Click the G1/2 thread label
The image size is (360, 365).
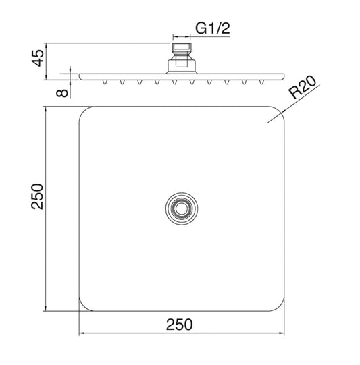pos(213,28)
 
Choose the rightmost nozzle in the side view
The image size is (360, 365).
pos(258,81)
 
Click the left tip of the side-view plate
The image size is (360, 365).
pos(80,76)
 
